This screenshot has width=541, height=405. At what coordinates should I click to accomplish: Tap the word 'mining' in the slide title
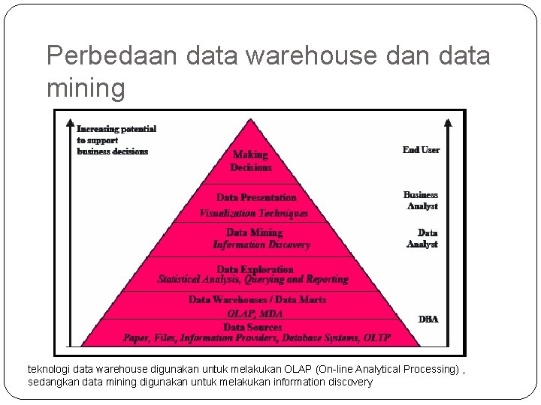pyautogui.click(x=86, y=88)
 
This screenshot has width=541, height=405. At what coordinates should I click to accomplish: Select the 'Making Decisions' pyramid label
pyautogui.click(x=250, y=160)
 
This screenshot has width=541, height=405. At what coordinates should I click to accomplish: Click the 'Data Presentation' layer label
pyautogui.click(x=256, y=197)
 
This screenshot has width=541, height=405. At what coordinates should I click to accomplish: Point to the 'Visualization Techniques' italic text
pyautogui.click(x=254, y=213)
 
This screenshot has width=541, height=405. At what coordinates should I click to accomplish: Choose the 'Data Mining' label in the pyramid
pyautogui.click(x=254, y=232)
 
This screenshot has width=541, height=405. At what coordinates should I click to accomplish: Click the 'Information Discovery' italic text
pyautogui.click(x=261, y=244)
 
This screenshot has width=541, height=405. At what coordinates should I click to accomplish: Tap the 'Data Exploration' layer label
pyautogui.click(x=255, y=268)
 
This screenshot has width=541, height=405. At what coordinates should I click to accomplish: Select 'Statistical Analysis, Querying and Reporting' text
pyautogui.click(x=253, y=280)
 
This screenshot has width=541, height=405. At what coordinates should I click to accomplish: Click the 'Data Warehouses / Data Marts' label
pyautogui.click(x=257, y=299)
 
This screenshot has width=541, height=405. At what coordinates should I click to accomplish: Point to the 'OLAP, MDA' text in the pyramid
pyautogui.click(x=255, y=314)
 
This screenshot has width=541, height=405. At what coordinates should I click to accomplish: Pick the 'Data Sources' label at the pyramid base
pyautogui.click(x=252, y=327)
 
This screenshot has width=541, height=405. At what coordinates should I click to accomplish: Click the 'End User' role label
pyautogui.click(x=421, y=150)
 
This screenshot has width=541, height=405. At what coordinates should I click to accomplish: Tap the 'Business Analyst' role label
pyautogui.click(x=421, y=200)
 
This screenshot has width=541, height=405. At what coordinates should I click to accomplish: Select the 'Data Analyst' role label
pyautogui.click(x=423, y=238)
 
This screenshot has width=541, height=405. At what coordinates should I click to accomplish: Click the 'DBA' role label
pyautogui.click(x=428, y=319)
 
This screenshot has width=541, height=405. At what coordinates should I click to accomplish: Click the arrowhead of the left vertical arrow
pyautogui.click(x=70, y=122)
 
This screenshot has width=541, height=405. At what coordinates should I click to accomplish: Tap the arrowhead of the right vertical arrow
pyautogui.click(x=449, y=122)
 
